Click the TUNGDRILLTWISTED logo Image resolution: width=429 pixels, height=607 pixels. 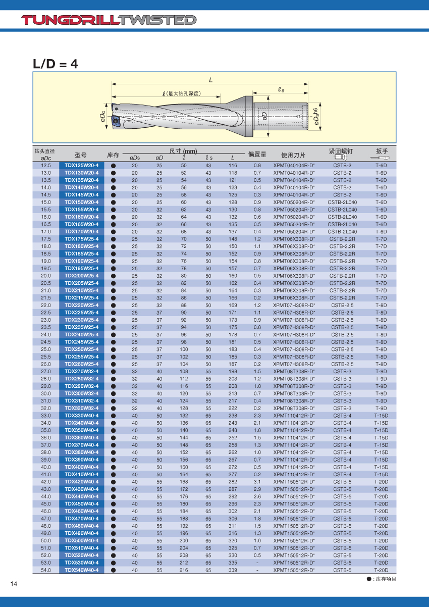tap(109, 20)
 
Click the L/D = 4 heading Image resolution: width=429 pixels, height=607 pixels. tap(56, 64)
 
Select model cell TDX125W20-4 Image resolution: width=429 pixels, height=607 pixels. tap(81, 166)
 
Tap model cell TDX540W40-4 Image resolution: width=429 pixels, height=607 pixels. tap(81, 570)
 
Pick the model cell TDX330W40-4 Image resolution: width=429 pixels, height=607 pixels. tap(81, 416)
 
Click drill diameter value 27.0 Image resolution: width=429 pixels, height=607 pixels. tap(46, 371)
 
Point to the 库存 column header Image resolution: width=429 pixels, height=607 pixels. tap(114, 155)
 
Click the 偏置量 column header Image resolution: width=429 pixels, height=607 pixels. tap(257, 155)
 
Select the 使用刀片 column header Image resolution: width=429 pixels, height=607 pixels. tap(294, 155)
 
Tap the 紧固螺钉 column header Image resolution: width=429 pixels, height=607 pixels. tap(342, 151)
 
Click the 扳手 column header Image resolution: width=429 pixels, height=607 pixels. tap(382, 151)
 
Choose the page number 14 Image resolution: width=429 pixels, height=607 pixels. tap(14, 584)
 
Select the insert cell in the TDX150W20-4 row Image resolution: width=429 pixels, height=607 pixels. tap(294, 202)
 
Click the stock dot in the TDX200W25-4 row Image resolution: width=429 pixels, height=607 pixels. tap(114, 276)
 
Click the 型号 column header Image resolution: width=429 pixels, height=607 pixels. tap(81, 155)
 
